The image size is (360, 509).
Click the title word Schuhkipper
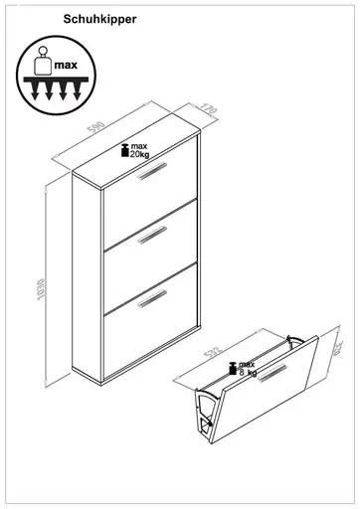pyautogui.click(x=100, y=18)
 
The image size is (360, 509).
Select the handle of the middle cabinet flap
pyautogui.click(x=153, y=233)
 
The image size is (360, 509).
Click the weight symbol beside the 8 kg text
pyautogui.click(x=230, y=367)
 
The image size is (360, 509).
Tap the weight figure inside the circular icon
pyautogui.click(x=41, y=61)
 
